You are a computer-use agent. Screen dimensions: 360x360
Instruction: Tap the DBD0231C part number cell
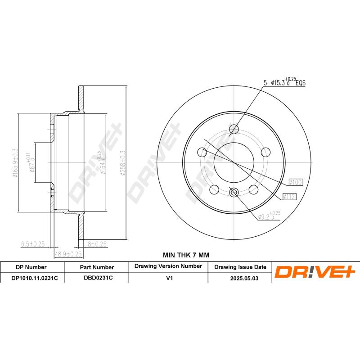(96, 279)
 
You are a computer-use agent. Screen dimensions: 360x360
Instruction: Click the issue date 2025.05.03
(240, 279)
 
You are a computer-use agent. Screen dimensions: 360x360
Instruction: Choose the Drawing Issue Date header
(240, 267)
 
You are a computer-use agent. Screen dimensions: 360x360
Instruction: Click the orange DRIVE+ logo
(315, 272)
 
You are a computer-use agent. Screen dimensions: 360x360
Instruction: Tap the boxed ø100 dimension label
(296, 182)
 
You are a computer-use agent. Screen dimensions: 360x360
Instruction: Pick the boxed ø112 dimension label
(288, 196)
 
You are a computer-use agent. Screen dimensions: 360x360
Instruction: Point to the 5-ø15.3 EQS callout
(284, 82)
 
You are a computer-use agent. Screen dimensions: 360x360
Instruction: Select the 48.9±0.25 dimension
(67, 254)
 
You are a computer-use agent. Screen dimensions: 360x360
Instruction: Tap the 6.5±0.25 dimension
(33, 244)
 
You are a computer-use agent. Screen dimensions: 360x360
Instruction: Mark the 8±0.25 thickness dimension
(96, 244)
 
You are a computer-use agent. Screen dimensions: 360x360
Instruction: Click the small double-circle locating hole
(234, 193)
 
